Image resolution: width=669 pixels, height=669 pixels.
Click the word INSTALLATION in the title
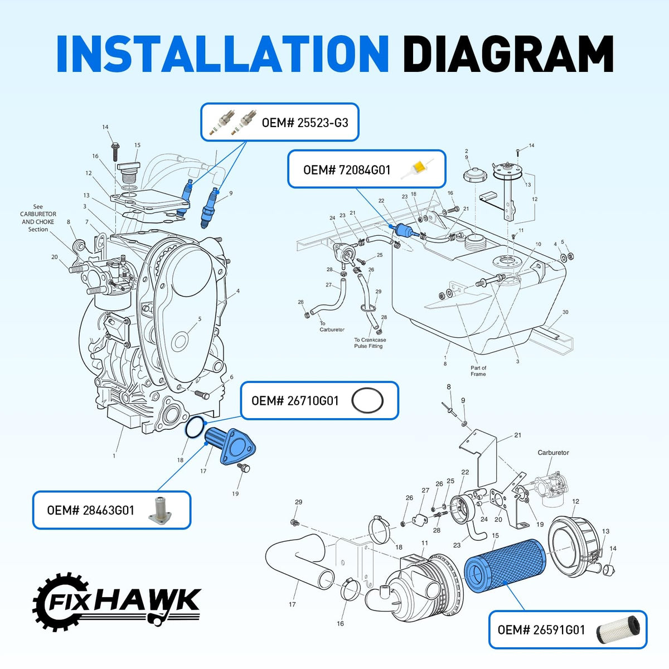(222, 54)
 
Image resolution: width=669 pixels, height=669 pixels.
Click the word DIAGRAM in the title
(508, 54)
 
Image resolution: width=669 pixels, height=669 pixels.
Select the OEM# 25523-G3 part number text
(305, 123)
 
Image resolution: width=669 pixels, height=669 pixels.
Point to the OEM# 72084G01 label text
(347, 170)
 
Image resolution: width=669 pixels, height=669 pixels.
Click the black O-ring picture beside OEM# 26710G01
(367, 400)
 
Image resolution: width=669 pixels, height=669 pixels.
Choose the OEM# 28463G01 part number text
(91, 510)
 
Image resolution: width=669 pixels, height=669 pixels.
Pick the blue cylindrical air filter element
(505, 565)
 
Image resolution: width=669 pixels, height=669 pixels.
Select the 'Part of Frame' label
(478, 371)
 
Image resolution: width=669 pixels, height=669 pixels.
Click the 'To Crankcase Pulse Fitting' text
(370, 343)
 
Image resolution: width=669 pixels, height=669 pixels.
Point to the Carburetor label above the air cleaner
(553, 452)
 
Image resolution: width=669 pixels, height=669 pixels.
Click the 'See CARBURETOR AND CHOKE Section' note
(38, 217)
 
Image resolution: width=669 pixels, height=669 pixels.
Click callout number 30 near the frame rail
(565, 312)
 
